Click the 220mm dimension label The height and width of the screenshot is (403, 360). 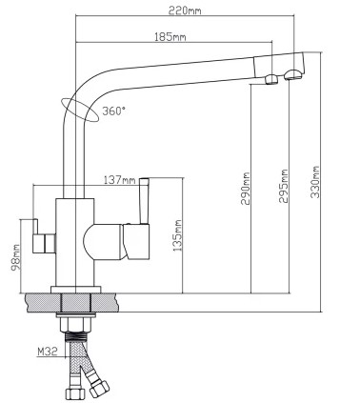tap(185, 10)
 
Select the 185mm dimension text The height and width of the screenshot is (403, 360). tap(170, 37)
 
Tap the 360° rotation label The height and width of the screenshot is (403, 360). tap(113, 111)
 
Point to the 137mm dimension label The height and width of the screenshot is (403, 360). tap(120, 180)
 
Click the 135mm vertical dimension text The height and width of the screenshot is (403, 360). tap(178, 235)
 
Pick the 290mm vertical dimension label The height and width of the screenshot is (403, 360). tap(246, 189)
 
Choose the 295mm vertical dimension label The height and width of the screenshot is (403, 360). tap(284, 187)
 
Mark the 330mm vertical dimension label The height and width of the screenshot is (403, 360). tap(315, 182)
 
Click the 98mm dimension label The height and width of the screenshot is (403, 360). tap(15, 257)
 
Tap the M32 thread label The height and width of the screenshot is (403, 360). tap(48, 352)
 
